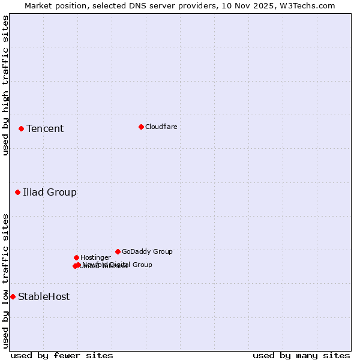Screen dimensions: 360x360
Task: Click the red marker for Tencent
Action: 21,128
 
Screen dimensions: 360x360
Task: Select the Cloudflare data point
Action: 141,127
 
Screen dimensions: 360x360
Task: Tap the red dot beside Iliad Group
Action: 17,192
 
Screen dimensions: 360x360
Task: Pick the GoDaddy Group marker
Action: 118,251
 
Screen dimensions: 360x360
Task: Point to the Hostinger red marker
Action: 76,257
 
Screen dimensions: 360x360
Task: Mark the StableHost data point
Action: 13,296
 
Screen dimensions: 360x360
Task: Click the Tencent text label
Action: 45,129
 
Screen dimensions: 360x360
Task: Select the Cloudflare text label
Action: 161,127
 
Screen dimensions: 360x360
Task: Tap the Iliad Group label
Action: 50,193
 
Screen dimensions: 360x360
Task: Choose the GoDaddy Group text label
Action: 147,252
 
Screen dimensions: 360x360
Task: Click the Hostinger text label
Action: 95,258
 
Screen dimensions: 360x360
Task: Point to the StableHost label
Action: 44,297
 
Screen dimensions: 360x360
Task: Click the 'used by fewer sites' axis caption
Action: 62,355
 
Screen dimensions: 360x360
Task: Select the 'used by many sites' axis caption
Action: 301,355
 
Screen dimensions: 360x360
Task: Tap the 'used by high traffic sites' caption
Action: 5,85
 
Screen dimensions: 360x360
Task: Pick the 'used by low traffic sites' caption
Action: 5,281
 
